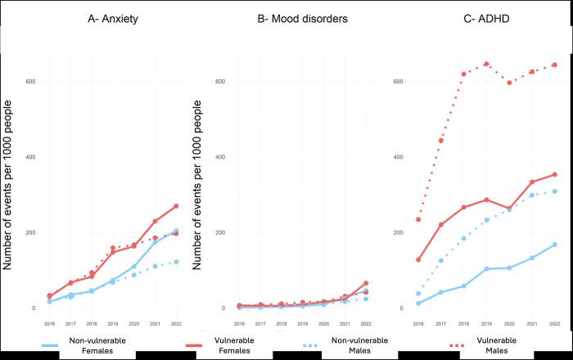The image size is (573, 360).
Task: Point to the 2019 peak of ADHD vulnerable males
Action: click(x=486, y=64)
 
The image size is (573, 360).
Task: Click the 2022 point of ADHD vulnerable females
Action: click(x=554, y=174)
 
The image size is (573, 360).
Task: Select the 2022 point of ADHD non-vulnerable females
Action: click(x=554, y=245)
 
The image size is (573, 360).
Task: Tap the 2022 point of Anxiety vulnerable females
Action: click(x=176, y=206)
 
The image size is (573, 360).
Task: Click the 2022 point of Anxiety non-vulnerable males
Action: click(x=176, y=262)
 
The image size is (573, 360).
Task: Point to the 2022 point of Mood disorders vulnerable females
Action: click(x=365, y=283)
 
